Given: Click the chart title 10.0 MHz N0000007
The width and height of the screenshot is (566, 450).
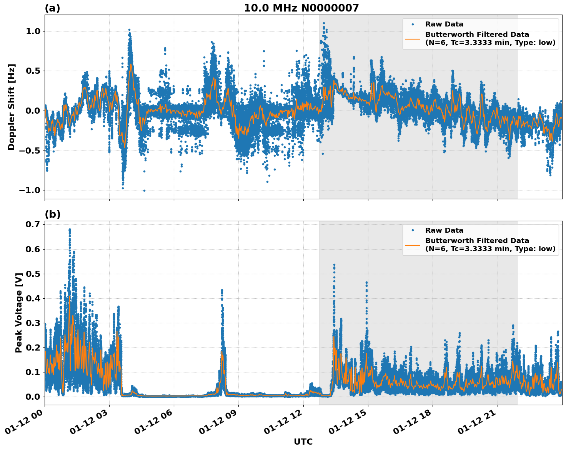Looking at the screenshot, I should [x=301, y=8].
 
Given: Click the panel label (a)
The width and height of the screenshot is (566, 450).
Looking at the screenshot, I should [x=52, y=8].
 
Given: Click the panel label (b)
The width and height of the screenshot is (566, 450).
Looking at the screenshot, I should [x=52, y=214].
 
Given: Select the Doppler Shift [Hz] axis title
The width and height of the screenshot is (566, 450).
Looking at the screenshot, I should [x=12, y=107].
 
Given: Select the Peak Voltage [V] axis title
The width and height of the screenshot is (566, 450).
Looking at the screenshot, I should [x=18, y=313].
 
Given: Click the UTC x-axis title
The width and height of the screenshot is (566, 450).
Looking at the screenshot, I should [x=303, y=442].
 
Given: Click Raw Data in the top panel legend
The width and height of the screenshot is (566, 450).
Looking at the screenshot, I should [x=444, y=24].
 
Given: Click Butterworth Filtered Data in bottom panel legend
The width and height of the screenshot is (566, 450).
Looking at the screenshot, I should [x=477, y=241].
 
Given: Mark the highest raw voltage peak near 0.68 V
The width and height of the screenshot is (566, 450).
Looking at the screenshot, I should [x=70, y=230].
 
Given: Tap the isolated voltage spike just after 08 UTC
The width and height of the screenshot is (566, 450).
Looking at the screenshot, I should [x=222, y=291].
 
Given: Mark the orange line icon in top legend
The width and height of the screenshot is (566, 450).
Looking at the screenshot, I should [x=412, y=38].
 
